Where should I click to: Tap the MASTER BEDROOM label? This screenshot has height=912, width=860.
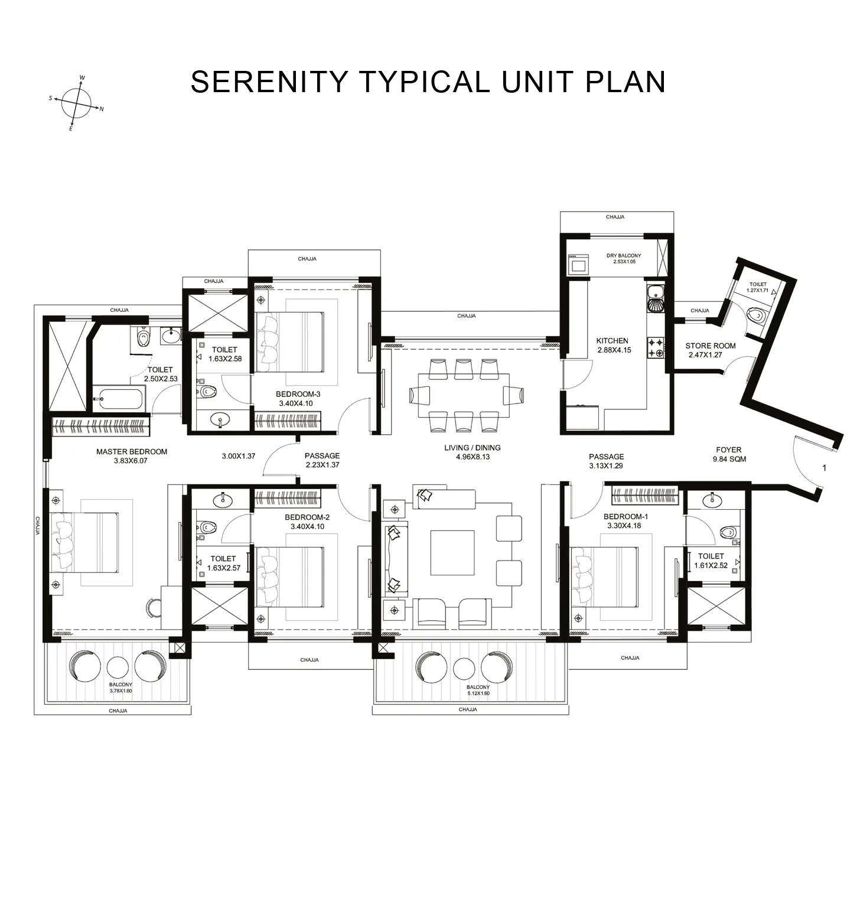click(132, 452)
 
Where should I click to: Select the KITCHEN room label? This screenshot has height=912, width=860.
click(612, 341)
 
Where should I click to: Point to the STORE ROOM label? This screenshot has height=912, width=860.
click(710, 346)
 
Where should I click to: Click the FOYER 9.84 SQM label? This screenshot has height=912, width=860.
click(728, 454)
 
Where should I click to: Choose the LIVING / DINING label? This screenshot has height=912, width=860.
click(472, 448)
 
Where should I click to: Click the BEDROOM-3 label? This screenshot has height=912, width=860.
click(298, 395)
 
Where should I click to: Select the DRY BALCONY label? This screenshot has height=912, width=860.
click(623, 256)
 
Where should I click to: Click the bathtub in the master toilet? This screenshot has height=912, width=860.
click(118, 399)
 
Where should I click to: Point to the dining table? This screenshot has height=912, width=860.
click(463, 395)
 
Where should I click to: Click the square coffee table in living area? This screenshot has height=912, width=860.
click(452, 552)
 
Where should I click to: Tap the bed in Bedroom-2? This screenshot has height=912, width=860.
click(289, 576)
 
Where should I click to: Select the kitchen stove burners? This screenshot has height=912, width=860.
click(656, 347)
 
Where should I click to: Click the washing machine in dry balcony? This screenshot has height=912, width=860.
click(577, 264)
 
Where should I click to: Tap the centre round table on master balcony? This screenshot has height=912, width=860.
click(118, 667)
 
